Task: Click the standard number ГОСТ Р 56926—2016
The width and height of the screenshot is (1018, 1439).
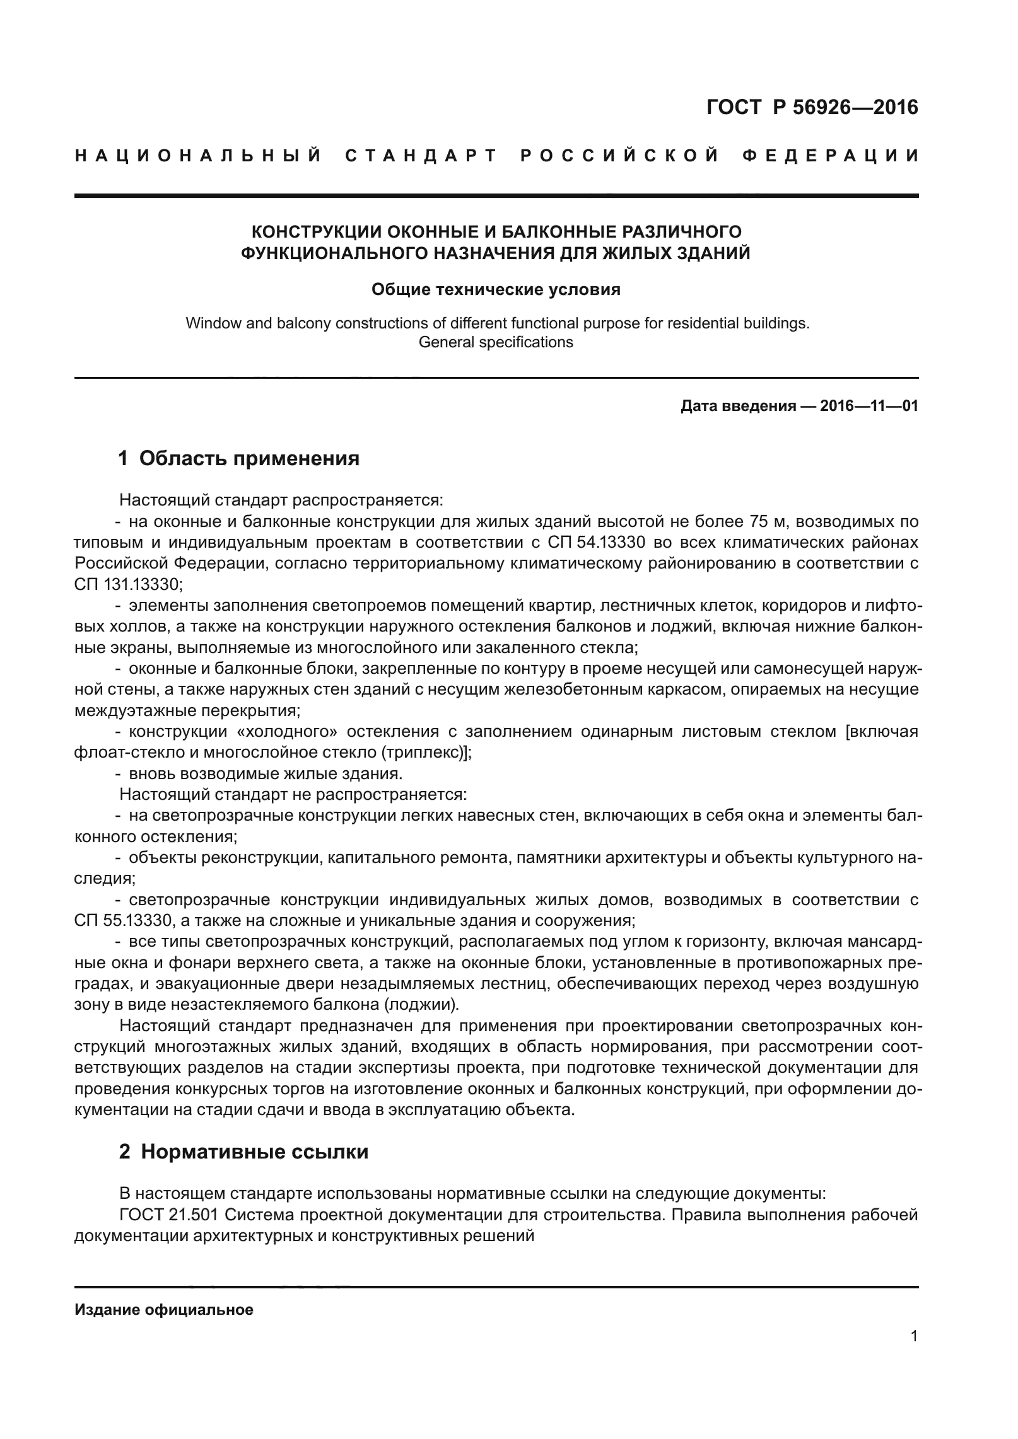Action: pos(812,108)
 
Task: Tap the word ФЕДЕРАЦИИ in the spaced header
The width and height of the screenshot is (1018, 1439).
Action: pos(827,156)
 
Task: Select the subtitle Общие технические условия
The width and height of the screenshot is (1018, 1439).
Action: pos(496,289)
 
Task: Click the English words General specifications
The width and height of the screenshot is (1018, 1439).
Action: pos(496,342)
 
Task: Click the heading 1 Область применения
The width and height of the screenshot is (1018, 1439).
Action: pos(239,458)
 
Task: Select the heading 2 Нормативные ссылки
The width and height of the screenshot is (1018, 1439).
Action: pos(243,1152)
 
